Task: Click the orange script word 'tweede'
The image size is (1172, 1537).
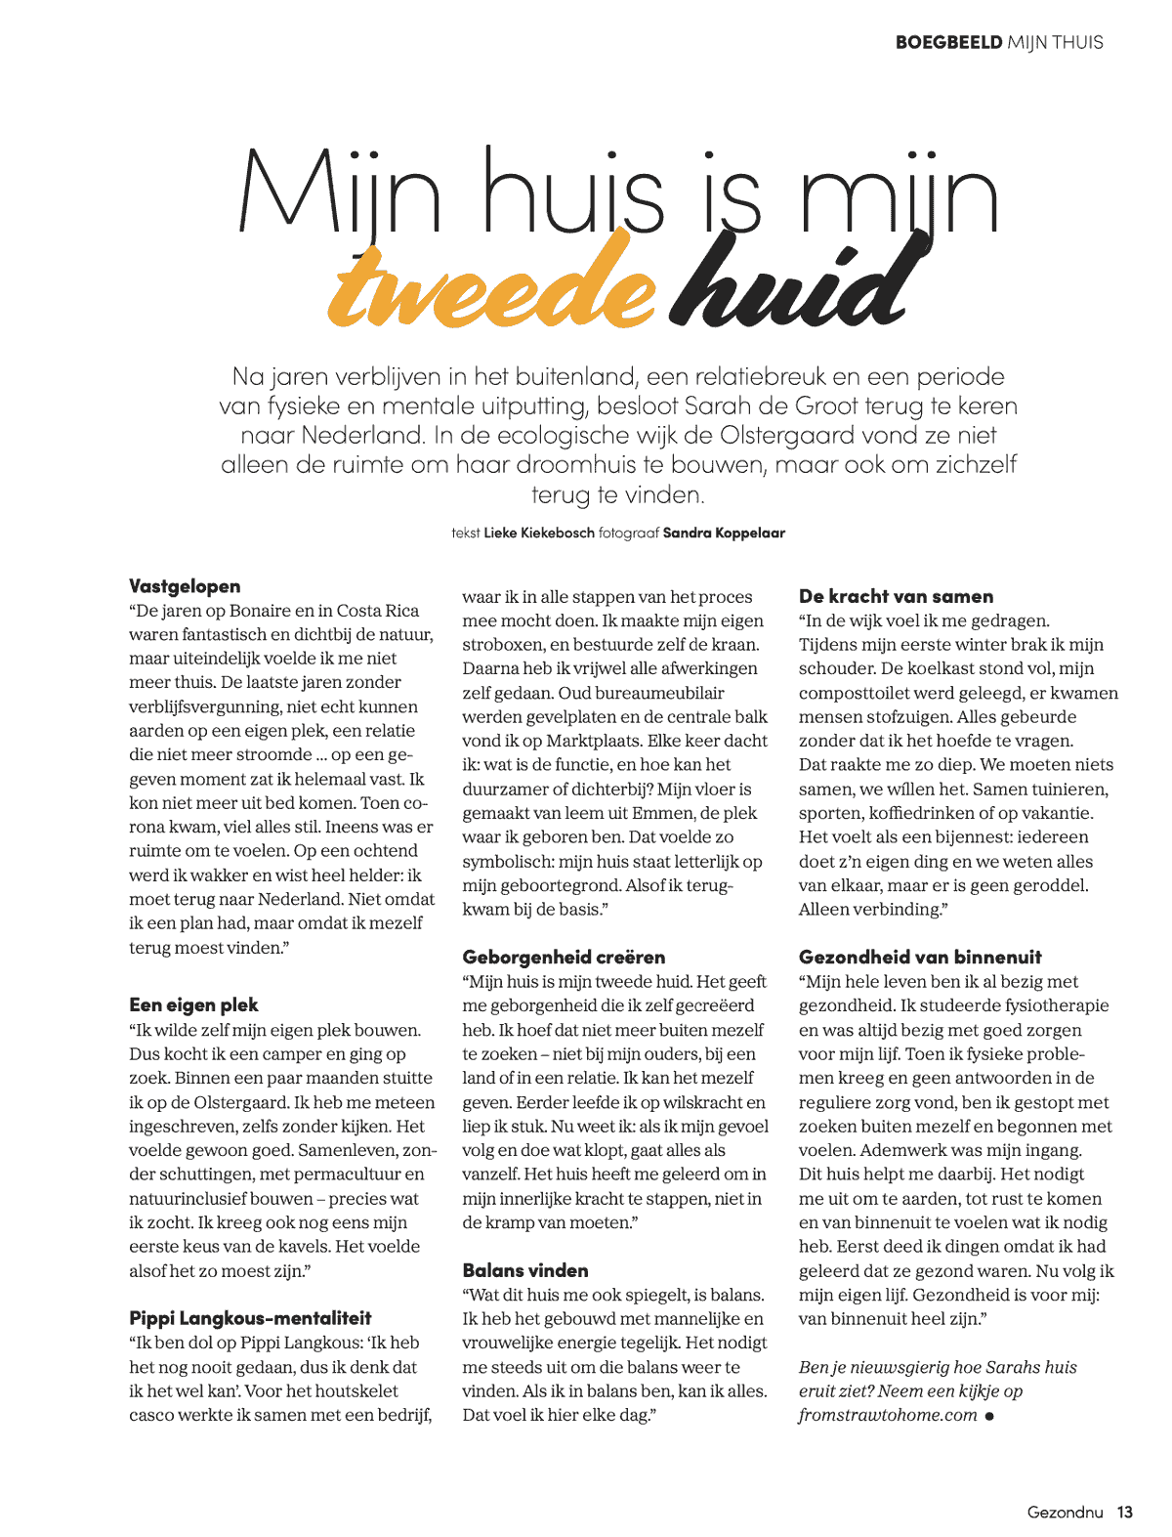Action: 491,283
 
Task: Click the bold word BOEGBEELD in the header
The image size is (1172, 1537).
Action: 948,42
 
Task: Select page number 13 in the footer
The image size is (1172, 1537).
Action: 1125,1512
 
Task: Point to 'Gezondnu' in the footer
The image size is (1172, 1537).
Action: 1065,1512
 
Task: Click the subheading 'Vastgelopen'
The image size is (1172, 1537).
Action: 185,586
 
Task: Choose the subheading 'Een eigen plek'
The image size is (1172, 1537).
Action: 193,1004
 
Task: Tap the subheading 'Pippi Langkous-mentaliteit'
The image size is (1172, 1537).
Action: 250,1318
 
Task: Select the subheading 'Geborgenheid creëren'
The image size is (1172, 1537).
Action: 564,957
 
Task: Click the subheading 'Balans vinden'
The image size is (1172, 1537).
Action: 525,1270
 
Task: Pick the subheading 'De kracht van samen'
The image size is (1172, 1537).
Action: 896,596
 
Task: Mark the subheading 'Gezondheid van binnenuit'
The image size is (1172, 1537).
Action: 920,957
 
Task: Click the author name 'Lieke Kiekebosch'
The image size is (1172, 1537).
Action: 539,534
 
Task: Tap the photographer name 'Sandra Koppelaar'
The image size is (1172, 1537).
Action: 724,534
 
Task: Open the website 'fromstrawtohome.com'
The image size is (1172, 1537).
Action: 887,1415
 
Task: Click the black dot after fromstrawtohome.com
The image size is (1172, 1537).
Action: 989,1416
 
